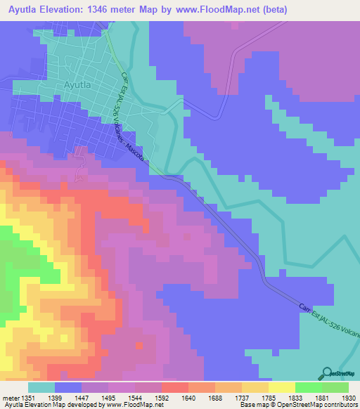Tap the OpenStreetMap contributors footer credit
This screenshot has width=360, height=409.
point(313,405)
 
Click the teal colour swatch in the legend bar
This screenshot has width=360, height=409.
point(41,387)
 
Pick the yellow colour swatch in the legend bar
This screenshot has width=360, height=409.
point(281,387)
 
